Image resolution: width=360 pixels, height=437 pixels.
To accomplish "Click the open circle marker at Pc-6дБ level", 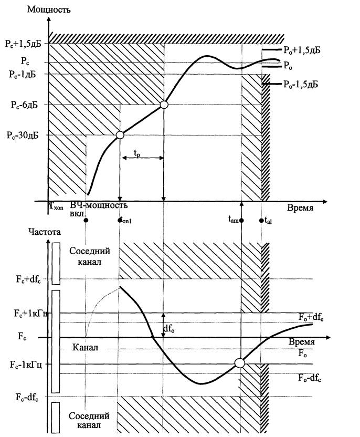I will [164, 105].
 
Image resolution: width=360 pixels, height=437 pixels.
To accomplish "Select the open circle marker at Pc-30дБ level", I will [120, 135].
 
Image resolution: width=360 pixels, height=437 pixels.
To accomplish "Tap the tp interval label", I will [137, 153].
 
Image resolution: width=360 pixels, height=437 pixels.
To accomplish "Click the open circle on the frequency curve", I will [239, 362].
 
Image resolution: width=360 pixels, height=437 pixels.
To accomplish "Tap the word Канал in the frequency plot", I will [84, 348].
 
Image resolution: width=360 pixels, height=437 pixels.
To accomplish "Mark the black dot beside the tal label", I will [261, 221].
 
